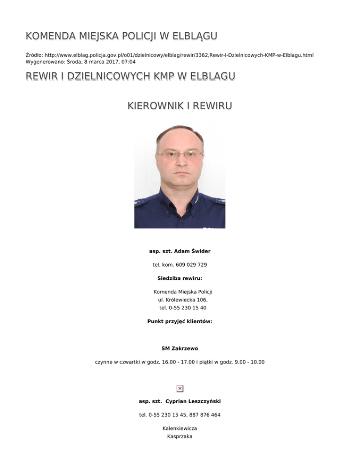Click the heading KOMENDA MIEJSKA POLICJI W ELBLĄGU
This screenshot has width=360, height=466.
click(121, 37)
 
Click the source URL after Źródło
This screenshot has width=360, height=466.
click(178, 55)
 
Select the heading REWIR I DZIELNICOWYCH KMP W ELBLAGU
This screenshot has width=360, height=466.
click(131, 76)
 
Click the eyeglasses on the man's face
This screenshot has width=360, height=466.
click(180, 153)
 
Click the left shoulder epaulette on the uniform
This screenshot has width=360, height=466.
click(141, 202)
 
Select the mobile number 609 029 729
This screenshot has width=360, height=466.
click(191, 265)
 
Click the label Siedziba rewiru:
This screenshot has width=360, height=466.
click(180, 278)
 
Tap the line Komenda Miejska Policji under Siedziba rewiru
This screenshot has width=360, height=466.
click(180, 292)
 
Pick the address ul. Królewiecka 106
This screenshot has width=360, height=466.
click(180, 300)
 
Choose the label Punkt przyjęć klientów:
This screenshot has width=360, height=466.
click(180, 322)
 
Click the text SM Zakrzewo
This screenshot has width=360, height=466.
click(180, 349)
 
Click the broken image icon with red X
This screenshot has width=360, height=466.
click(180, 388)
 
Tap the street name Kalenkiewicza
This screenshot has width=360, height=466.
click(180, 428)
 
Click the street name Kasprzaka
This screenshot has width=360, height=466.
click(180, 437)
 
